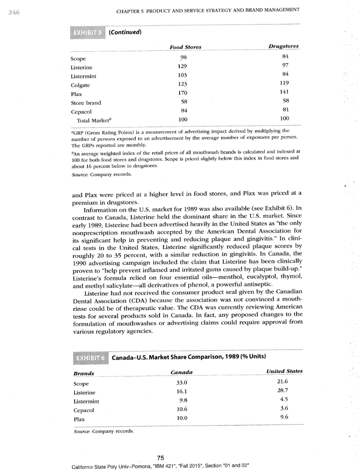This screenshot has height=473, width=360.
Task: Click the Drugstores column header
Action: [x=283, y=47]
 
